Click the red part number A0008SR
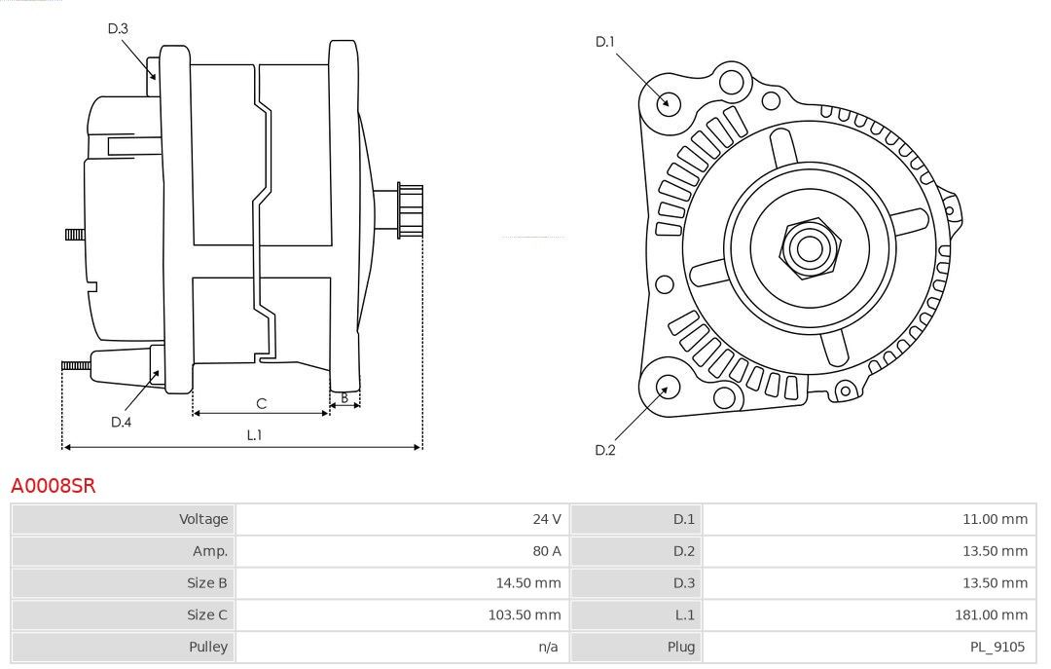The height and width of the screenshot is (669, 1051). [54, 485]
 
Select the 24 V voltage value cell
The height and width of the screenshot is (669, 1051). [546, 519]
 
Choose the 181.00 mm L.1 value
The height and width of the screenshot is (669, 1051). [990, 614]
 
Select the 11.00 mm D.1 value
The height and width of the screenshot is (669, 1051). [994, 519]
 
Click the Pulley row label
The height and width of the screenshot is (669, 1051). [208, 647]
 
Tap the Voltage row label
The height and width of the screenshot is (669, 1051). [202, 519]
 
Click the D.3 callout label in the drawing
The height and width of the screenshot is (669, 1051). [118, 28]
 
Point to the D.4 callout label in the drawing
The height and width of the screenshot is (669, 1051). [121, 422]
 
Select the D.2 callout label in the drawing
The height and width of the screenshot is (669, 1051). [605, 450]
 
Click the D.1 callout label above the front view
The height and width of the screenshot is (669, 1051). [605, 41]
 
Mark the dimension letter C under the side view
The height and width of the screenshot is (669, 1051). [261, 403]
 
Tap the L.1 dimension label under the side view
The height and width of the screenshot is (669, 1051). [254, 435]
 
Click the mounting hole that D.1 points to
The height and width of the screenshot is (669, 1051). [668, 101]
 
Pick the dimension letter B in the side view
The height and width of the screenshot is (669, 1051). [344, 397]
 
